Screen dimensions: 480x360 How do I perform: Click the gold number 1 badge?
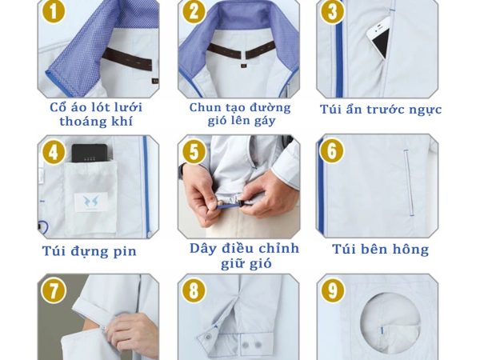[54, 11]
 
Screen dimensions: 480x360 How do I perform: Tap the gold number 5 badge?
[194, 151]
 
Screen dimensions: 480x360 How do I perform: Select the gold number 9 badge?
[333, 290]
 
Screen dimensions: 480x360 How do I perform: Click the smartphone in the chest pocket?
[379, 38]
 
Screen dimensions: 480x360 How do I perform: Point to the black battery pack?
[90, 154]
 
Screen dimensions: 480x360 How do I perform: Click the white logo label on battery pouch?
[91, 202]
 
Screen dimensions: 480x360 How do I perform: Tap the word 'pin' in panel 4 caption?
[125, 252]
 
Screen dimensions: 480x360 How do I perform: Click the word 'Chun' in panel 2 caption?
[205, 107]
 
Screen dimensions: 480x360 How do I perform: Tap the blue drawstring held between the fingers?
[229, 206]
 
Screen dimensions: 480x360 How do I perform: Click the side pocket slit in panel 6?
[409, 182]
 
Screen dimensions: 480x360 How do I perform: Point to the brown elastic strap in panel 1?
[127, 59]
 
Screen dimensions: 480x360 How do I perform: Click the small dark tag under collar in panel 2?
[244, 66]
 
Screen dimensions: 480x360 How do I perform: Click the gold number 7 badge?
[54, 290]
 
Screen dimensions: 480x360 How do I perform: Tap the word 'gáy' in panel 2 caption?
[263, 122]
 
